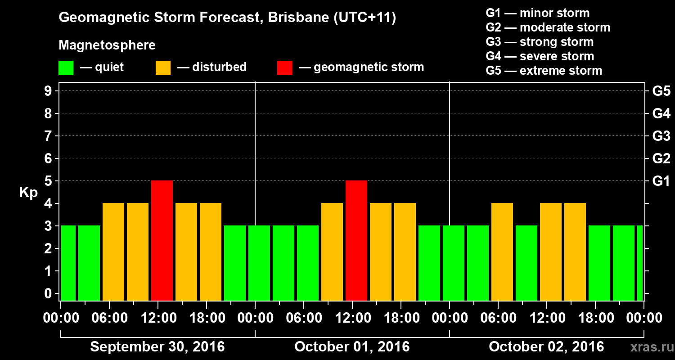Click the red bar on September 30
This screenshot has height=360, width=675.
click(x=162, y=240)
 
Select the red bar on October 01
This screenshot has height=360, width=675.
click(x=356, y=240)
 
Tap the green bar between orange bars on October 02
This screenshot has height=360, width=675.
click(x=526, y=263)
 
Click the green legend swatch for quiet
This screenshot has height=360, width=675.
click(x=66, y=67)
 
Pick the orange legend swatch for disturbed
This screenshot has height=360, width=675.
click(x=163, y=67)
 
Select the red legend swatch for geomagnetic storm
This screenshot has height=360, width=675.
click(x=285, y=67)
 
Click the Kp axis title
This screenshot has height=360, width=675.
click(x=28, y=193)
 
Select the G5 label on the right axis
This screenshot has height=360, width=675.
click(x=661, y=91)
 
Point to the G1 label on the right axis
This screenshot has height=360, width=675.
click(x=661, y=181)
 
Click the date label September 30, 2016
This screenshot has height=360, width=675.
click(x=157, y=347)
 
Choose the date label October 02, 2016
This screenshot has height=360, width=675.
click(x=546, y=347)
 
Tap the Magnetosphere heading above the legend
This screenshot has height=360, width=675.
click(x=107, y=45)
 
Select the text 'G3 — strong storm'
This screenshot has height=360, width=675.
click(x=540, y=42)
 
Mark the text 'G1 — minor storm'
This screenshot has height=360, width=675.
click(x=538, y=13)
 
